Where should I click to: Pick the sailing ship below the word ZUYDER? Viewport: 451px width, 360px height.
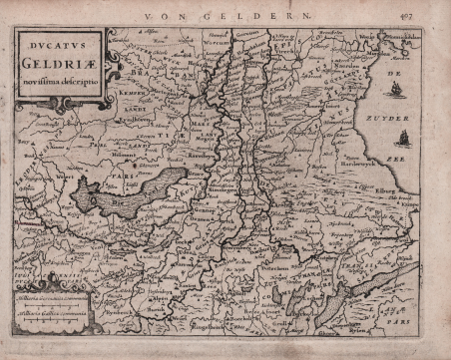pos(403,138)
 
